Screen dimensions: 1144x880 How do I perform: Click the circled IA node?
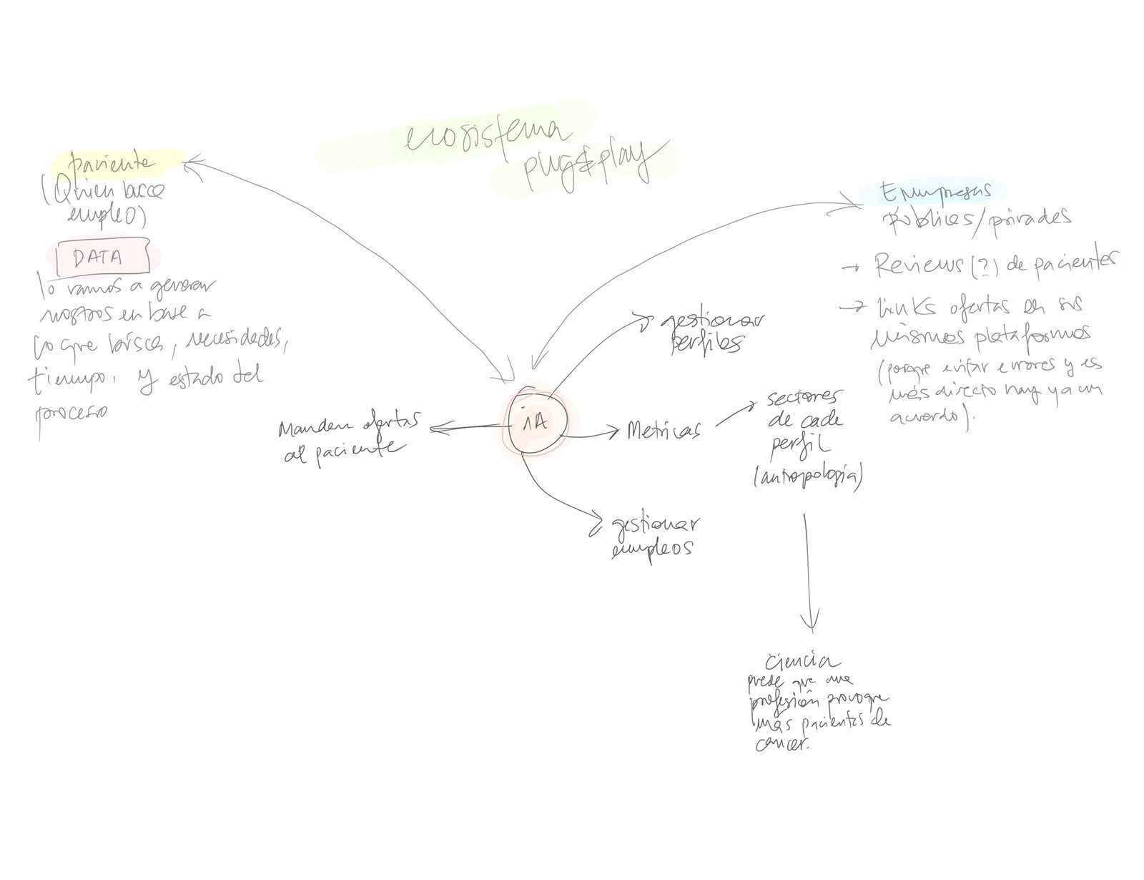(536, 422)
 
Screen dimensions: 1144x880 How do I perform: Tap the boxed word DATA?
(98, 258)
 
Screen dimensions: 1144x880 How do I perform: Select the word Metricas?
(662, 430)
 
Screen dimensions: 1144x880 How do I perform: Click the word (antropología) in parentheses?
(807, 476)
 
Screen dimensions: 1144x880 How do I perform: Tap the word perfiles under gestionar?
(704, 343)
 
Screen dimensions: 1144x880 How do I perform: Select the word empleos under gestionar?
(653, 549)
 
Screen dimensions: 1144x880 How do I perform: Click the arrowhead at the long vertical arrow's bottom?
(812, 622)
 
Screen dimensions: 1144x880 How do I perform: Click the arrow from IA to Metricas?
(593, 433)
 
